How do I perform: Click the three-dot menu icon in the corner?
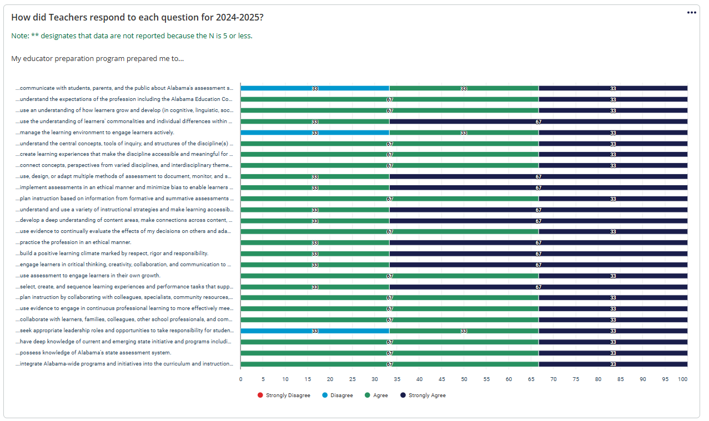(691, 13)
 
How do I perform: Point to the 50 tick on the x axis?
(464, 379)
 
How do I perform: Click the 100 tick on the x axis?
(683, 379)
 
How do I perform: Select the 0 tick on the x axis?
(240, 379)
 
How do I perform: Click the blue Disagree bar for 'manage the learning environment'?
(315, 133)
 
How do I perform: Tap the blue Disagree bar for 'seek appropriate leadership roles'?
(315, 331)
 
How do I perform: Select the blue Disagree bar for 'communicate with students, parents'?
(315, 88)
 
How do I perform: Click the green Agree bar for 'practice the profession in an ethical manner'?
(315, 242)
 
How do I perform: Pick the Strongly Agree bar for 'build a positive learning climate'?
(538, 253)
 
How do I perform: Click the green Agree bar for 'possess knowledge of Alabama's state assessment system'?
(389, 353)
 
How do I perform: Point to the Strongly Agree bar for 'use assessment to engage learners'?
(613, 276)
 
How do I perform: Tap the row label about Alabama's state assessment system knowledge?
(94, 353)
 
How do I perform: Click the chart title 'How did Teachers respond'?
(137, 17)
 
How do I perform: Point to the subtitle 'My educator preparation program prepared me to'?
(97, 58)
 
